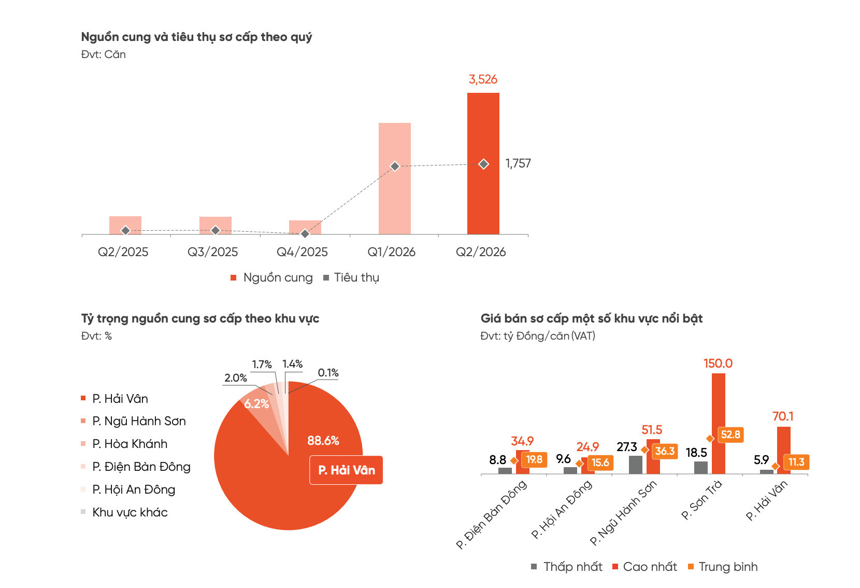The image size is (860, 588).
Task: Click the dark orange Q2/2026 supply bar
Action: click(x=483, y=163)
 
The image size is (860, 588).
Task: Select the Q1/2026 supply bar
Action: click(x=395, y=179)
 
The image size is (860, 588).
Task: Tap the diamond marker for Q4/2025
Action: click(x=305, y=234)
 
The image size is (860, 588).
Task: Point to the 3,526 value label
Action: click(x=483, y=79)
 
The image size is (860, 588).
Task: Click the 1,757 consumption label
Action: click(x=518, y=164)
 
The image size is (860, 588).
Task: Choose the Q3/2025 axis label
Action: click(x=213, y=252)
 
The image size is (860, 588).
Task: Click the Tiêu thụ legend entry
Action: click(x=351, y=277)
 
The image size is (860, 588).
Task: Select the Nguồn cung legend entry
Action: click(x=271, y=277)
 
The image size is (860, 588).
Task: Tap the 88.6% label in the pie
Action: click(x=323, y=440)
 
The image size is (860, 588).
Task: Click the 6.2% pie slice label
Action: click(x=256, y=403)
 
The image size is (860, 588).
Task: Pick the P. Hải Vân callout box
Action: click(x=346, y=470)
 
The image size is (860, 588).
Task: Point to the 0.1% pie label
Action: click(x=328, y=373)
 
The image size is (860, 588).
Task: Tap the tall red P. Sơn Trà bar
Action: click(x=719, y=424)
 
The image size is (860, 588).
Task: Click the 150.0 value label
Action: click(x=718, y=363)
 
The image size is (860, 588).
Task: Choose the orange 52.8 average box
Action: click(x=730, y=435)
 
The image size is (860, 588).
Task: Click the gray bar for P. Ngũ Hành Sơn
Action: click(x=635, y=465)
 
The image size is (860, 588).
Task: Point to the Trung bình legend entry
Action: click(x=723, y=567)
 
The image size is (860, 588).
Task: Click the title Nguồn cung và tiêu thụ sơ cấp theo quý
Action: click(x=196, y=37)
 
